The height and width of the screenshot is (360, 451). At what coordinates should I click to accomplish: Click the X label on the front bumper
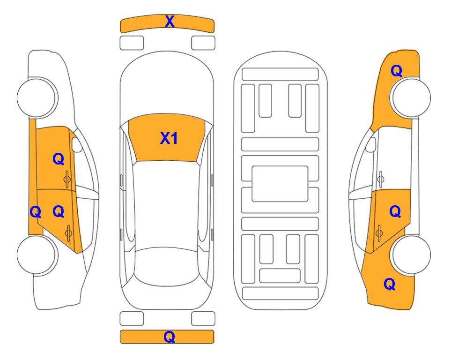click(170, 22)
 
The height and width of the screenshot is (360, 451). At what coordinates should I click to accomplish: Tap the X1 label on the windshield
click(169, 138)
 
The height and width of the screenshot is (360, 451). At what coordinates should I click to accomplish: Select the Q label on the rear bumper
click(170, 337)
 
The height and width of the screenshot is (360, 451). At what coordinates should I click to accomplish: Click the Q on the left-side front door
click(59, 159)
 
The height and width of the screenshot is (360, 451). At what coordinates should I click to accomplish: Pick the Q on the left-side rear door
click(59, 212)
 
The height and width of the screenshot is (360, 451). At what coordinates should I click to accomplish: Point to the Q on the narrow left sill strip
click(36, 212)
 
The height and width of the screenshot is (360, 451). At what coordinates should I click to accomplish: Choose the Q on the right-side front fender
click(396, 71)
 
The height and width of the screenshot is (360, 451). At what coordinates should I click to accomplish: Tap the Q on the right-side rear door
click(395, 212)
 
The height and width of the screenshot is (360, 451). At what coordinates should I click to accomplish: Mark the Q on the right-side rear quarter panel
click(390, 284)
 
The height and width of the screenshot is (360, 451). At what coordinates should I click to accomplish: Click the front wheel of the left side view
click(37, 97)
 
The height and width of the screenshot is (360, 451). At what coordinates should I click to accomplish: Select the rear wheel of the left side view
click(37, 255)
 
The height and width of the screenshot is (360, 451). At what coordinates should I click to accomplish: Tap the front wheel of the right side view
click(410, 97)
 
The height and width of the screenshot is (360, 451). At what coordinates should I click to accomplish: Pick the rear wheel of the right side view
click(410, 255)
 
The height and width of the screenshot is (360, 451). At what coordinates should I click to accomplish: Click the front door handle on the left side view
click(67, 179)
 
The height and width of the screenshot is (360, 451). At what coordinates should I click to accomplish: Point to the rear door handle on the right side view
click(379, 233)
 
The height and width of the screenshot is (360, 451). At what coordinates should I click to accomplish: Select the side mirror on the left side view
click(77, 144)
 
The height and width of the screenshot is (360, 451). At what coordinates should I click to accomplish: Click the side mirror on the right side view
click(371, 144)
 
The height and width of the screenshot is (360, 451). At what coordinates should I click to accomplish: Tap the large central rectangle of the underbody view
click(280, 184)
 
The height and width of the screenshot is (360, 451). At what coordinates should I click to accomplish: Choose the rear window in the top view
click(167, 266)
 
